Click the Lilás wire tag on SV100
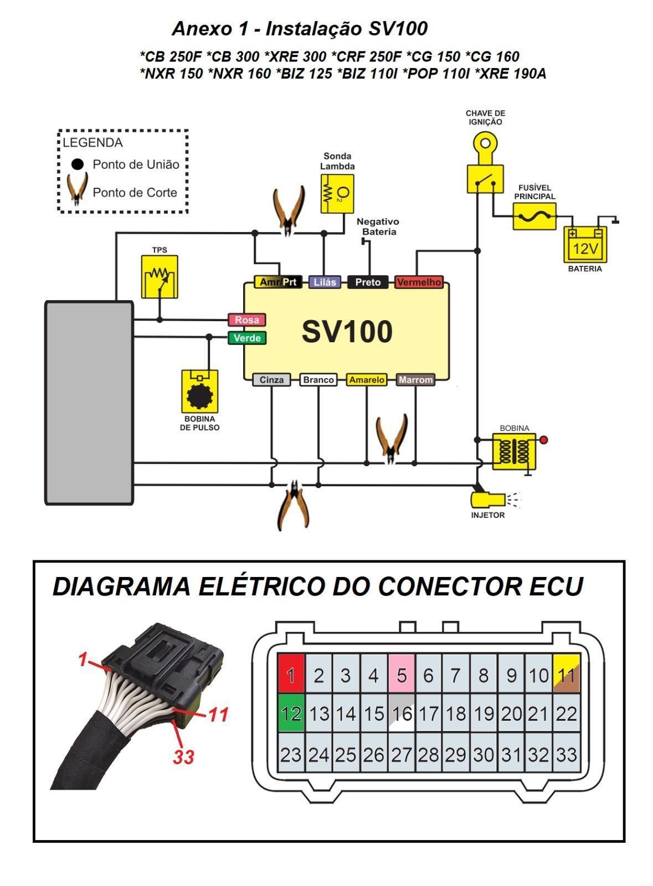click(325, 282)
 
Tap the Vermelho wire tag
click(419, 282)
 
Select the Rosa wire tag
click(247, 320)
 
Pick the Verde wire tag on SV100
click(247, 338)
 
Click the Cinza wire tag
click(271, 380)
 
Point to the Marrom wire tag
click(415, 380)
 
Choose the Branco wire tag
click(318, 380)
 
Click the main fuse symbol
click(534, 216)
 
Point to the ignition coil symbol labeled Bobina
click(514, 451)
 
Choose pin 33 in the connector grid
click(566, 754)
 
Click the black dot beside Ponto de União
click(78, 164)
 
